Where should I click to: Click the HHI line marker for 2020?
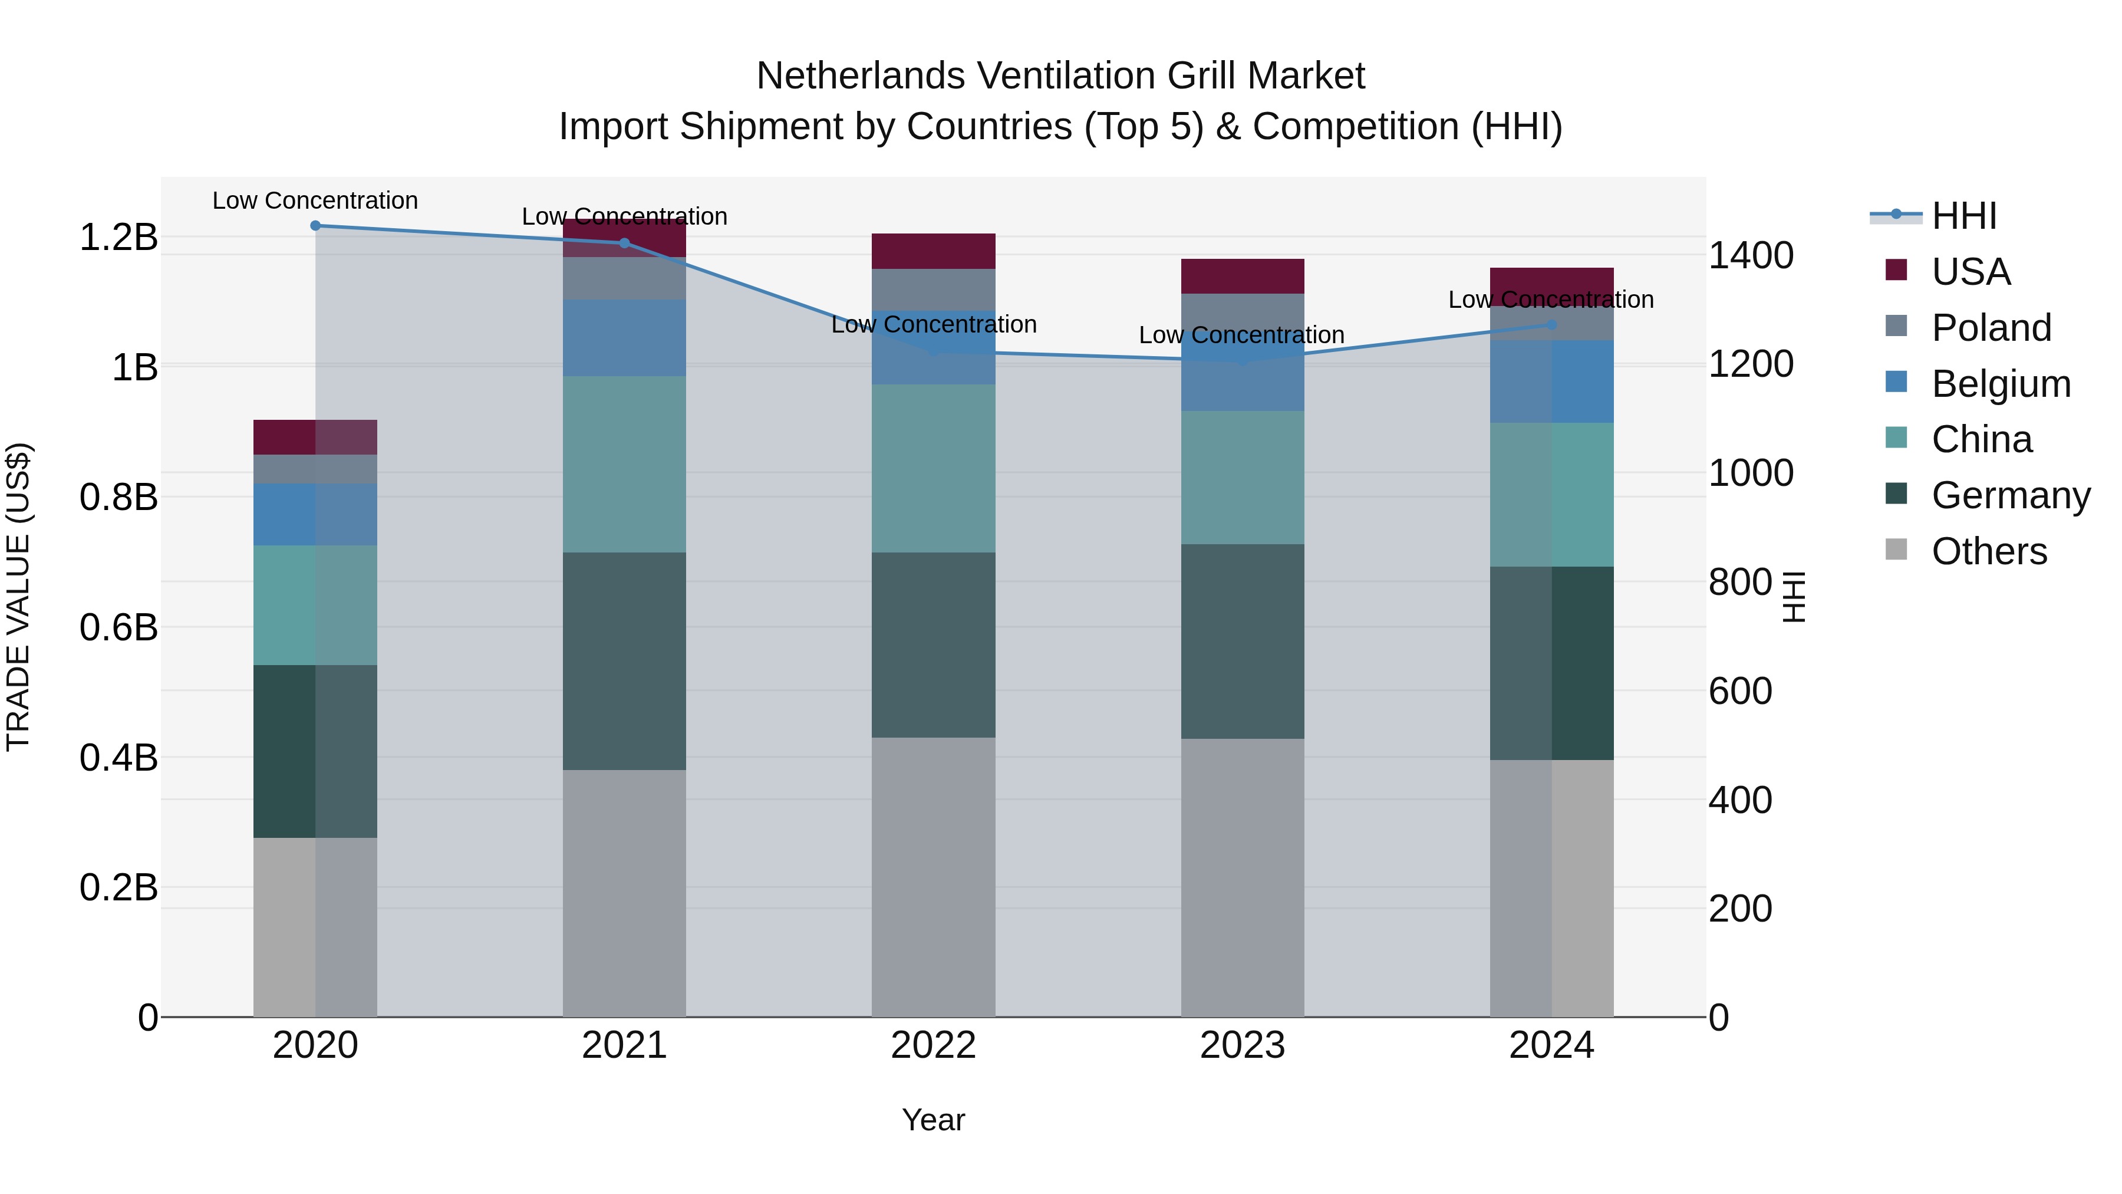pyautogui.click(x=315, y=225)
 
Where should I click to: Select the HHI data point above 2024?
pyautogui.click(x=1551, y=325)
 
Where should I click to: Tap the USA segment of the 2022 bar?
pyautogui.click(x=933, y=251)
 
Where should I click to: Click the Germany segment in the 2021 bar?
pyautogui.click(x=624, y=661)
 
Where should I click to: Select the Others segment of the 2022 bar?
pyautogui.click(x=933, y=877)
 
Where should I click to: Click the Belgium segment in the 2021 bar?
pyautogui.click(x=624, y=338)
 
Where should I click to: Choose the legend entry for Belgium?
pyautogui.click(x=2000, y=384)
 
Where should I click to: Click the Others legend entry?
pyautogui.click(x=1989, y=551)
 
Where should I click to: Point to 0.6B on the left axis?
pyautogui.click(x=118, y=628)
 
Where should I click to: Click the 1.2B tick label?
pyautogui.click(x=118, y=237)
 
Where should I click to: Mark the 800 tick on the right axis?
pyautogui.click(x=1740, y=582)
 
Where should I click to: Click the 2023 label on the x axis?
pyautogui.click(x=1242, y=1045)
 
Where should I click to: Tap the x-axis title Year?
pyautogui.click(x=933, y=1120)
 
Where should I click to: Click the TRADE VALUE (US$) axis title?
pyautogui.click(x=18, y=597)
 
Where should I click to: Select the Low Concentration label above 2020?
pyautogui.click(x=315, y=200)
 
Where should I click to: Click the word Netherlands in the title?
pyautogui.click(x=860, y=76)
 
